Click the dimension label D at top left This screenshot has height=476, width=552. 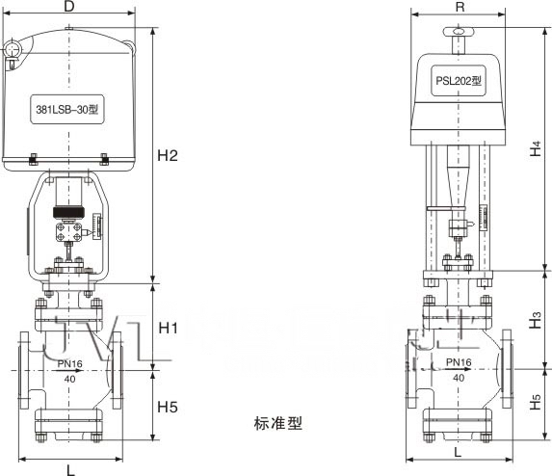click(x=69, y=8)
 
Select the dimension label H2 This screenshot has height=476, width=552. click(x=170, y=154)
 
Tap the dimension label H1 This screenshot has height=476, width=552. click(x=169, y=329)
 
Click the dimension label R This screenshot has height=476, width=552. click(x=460, y=6)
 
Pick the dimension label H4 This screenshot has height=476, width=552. click(x=536, y=149)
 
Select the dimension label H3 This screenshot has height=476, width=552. click(x=536, y=321)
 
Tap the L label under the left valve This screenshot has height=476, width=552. click(x=70, y=469)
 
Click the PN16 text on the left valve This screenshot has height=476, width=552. click(x=70, y=364)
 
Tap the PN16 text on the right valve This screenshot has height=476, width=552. click(x=457, y=362)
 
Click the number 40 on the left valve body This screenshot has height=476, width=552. click(x=69, y=379)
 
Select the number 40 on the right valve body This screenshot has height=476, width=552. click(x=457, y=377)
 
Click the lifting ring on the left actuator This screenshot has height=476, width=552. click(x=13, y=49)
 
